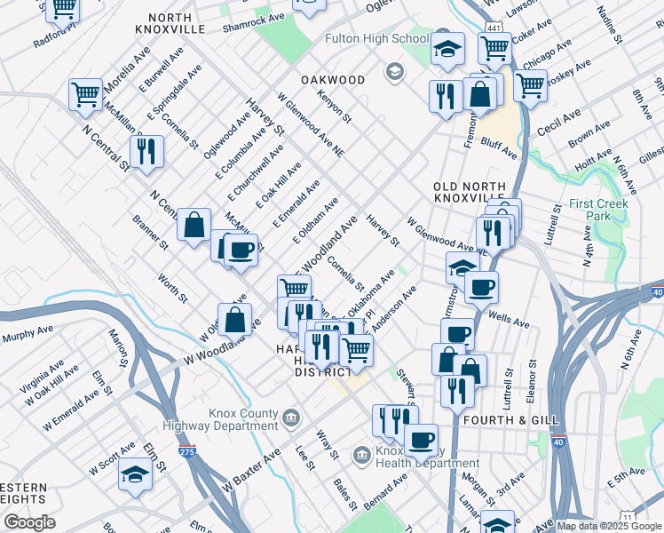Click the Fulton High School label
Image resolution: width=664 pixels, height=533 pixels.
coord(376,39)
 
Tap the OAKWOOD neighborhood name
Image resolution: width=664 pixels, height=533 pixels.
coord(333,80)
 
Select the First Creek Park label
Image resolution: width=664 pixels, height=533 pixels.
coord(599,210)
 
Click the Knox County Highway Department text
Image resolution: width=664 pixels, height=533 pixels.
coord(242,419)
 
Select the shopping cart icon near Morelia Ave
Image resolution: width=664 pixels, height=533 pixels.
coord(85,93)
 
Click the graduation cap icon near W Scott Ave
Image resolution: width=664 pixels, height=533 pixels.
coord(135,473)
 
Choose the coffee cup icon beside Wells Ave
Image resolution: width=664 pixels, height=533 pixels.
coord(481,287)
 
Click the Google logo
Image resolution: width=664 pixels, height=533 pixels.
coord(29,522)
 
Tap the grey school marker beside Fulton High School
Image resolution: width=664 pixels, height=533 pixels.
coord(393,70)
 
